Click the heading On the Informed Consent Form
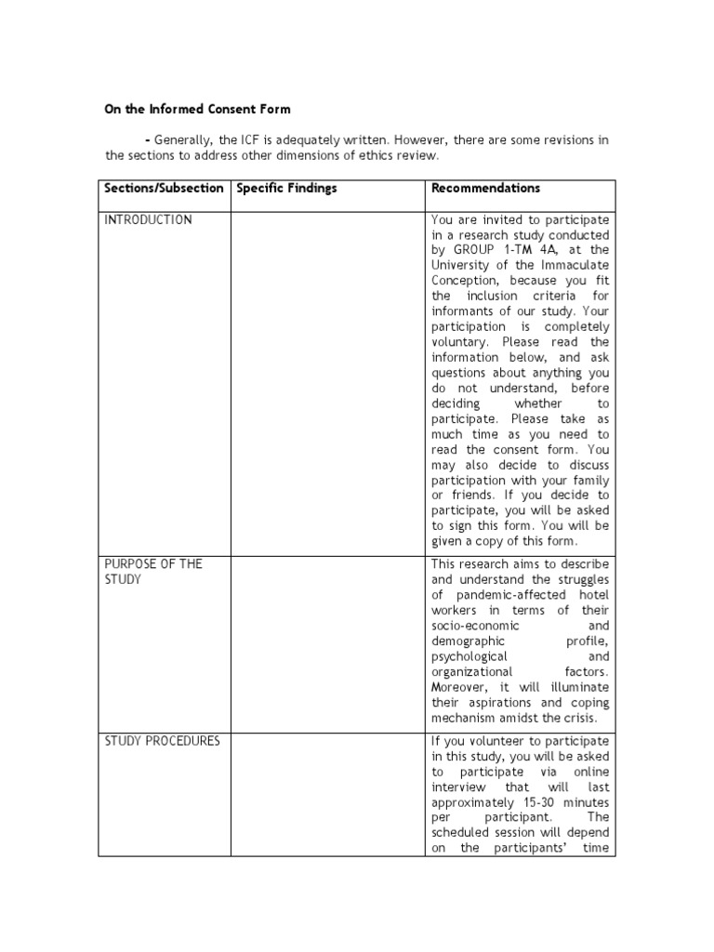pos(197,109)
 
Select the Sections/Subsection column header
pos(164,188)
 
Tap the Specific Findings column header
pos(286,188)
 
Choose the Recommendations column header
pos(485,188)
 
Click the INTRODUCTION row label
pos(148,220)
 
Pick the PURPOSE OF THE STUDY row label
pos(152,572)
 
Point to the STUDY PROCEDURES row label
pos(162,741)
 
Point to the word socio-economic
pos(476,626)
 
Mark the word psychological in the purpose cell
pos(469,656)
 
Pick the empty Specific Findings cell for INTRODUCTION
pos(327,381)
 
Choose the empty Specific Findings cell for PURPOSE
pos(327,642)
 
